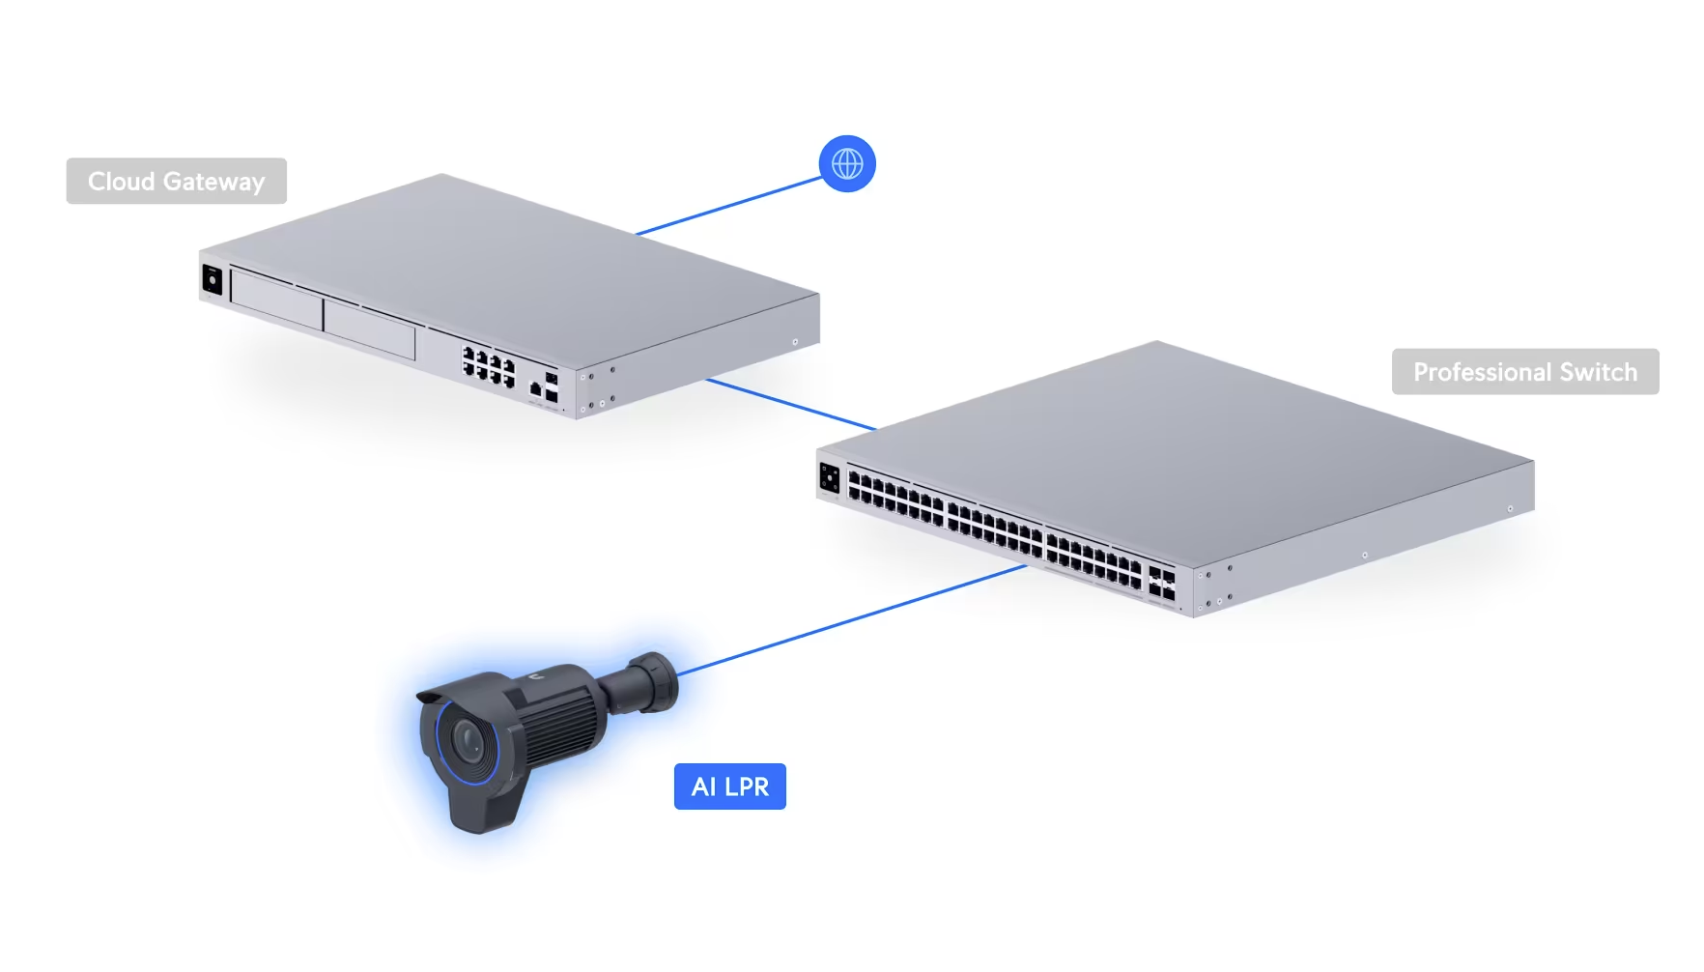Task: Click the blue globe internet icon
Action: (x=847, y=163)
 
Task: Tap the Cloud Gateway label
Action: (x=176, y=181)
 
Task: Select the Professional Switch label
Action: (x=1524, y=372)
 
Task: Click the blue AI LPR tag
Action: (x=729, y=786)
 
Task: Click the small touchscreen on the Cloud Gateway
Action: (x=212, y=281)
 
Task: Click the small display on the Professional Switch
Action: (x=829, y=477)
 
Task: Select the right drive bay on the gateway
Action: (x=369, y=328)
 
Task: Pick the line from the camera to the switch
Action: (x=850, y=618)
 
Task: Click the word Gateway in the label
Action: (x=213, y=181)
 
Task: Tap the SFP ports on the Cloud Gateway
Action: (x=551, y=386)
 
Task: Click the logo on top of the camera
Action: (x=534, y=678)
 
